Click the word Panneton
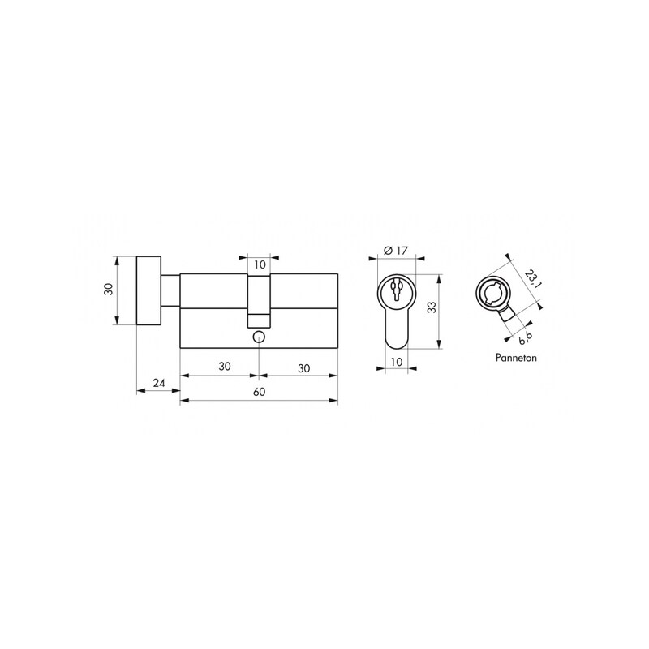point(516,358)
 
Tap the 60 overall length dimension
point(259,392)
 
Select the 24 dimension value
point(159,383)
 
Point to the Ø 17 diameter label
point(396,251)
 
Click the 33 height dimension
point(432,307)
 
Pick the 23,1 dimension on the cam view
point(532,279)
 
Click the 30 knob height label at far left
point(109,289)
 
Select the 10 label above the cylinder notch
point(260,264)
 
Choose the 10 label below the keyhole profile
point(397,362)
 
